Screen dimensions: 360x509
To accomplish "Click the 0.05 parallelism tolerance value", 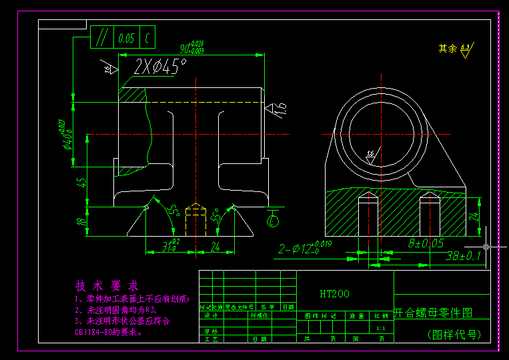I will tap(126, 38).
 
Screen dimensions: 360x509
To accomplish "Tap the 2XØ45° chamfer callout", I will tap(160, 67).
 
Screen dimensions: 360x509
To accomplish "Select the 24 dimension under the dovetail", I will tap(215, 247).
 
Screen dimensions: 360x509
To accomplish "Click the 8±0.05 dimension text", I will tap(426, 244).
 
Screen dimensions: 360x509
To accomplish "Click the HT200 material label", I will tap(334, 293).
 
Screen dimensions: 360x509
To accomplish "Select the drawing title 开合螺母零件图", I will tap(432, 312).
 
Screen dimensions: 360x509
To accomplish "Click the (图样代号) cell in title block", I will tap(454, 335).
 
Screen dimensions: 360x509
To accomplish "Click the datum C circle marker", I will tap(272, 220).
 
